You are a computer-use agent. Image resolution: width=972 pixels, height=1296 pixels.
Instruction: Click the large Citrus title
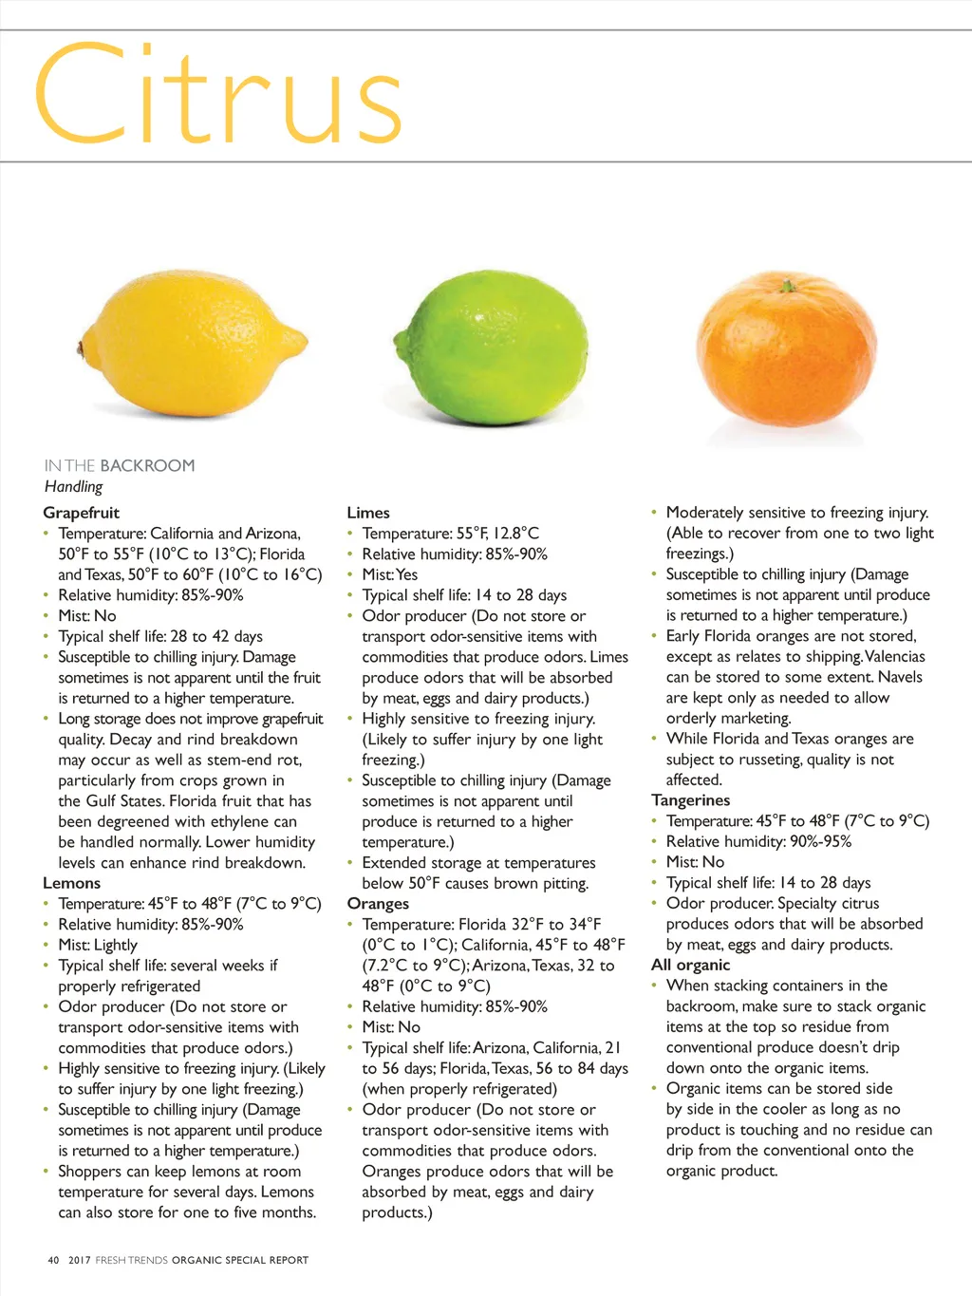(x=218, y=95)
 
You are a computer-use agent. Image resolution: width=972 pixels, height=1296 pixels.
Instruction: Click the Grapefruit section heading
(x=82, y=513)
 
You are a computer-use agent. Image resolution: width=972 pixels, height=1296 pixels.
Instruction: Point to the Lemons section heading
(x=71, y=883)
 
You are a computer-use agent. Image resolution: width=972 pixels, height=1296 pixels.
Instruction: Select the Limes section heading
(x=368, y=513)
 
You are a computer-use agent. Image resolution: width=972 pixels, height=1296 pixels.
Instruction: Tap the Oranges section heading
(x=378, y=904)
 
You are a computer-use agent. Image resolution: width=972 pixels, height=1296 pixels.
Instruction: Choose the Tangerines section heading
(x=691, y=800)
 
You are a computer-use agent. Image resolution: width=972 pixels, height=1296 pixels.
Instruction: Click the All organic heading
(x=691, y=965)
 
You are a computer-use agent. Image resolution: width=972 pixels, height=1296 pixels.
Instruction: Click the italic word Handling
(x=73, y=486)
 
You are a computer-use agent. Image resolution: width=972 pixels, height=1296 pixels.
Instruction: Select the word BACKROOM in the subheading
(x=147, y=465)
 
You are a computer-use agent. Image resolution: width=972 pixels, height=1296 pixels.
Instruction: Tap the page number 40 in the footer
(x=53, y=1260)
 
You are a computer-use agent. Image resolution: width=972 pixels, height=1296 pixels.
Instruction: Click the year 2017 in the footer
(x=80, y=1260)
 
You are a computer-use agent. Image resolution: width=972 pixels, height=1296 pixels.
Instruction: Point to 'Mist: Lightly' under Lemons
(x=98, y=945)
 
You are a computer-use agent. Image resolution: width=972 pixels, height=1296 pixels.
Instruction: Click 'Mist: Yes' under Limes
(x=390, y=574)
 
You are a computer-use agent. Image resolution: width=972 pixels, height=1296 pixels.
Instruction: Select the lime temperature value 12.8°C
(x=515, y=533)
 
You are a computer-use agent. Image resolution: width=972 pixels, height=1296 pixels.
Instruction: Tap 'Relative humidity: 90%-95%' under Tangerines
(x=758, y=841)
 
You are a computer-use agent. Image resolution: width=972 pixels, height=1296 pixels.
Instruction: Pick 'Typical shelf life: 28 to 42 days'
(x=160, y=636)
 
